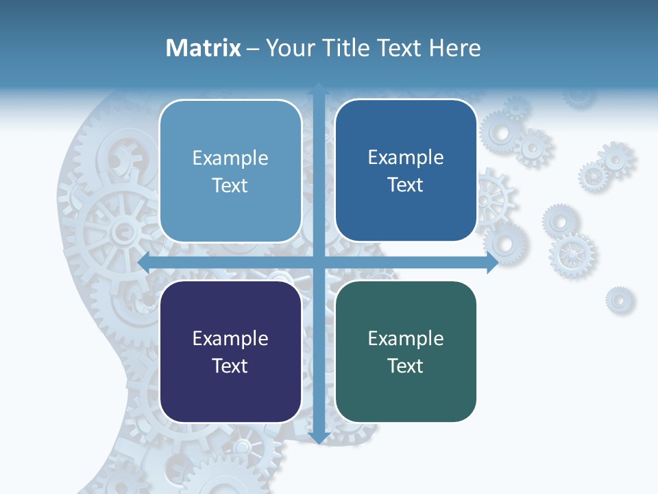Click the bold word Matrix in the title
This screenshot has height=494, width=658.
pos(203,48)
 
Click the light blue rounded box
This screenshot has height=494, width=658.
pos(230,171)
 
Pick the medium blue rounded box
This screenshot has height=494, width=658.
pos(406,170)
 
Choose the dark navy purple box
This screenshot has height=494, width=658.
pos(230,351)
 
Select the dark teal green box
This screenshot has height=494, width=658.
pos(406,351)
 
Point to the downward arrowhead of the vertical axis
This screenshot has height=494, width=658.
pos(319,438)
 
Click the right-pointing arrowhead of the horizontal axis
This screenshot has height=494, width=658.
pos(492,263)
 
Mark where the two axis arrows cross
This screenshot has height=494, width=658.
pos(319,263)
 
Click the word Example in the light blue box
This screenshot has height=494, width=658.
pos(230,158)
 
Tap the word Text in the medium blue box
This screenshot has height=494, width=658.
pos(406,185)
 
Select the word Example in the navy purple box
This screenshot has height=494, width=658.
pos(230,339)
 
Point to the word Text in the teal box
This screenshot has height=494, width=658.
pos(406,366)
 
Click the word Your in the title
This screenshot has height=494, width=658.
pos(287,48)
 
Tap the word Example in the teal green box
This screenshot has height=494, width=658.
pos(406,339)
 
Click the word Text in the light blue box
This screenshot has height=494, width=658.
pos(230,186)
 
